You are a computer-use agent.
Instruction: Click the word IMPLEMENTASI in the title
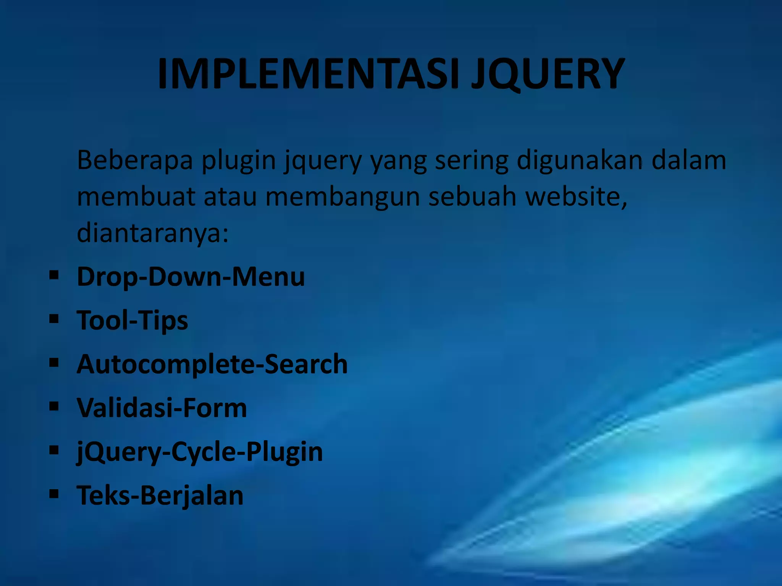[x=308, y=74]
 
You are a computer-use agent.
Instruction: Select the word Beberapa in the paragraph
[x=135, y=160]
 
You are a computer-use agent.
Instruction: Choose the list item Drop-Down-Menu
[x=191, y=276]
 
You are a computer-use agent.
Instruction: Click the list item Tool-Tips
[x=132, y=320]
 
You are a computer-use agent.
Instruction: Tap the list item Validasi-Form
[x=162, y=407]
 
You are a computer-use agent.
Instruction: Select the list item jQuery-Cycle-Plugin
[x=200, y=452]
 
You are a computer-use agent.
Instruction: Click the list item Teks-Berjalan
[x=160, y=495]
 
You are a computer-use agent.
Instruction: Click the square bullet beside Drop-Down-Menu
[x=54, y=275]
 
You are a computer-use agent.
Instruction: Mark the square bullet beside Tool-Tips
[x=54, y=319]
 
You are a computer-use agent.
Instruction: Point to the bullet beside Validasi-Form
[x=54, y=406]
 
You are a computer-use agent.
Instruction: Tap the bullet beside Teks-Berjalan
[x=54, y=494]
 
